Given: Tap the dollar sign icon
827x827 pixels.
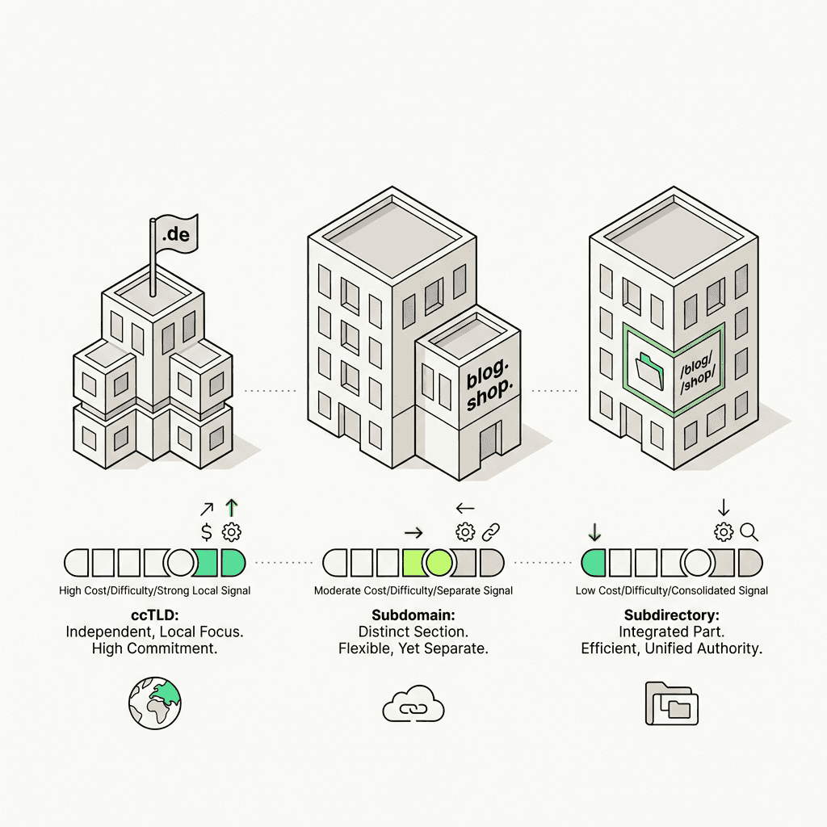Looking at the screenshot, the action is (x=208, y=531).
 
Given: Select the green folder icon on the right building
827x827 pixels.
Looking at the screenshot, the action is (x=649, y=369).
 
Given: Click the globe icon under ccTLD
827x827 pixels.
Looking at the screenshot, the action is (x=155, y=703).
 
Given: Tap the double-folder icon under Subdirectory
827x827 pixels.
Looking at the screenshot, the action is (x=671, y=703).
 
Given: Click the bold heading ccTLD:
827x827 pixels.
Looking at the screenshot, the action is (x=154, y=615).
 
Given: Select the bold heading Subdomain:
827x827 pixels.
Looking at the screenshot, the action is (x=412, y=615).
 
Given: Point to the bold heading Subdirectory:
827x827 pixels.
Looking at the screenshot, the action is (x=670, y=615).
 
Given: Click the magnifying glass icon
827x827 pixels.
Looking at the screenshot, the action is (x=749, y=531).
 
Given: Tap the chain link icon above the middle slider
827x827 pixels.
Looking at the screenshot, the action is (x=491, y=531).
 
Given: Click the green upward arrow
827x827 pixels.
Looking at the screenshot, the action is (x=232, y=508).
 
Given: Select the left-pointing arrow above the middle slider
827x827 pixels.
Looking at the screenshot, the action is (x=465, y=508).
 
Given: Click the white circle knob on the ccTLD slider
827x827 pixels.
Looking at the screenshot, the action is (x=178, y=560).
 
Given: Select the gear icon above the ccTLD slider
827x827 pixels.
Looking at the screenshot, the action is (x=232, y=531).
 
